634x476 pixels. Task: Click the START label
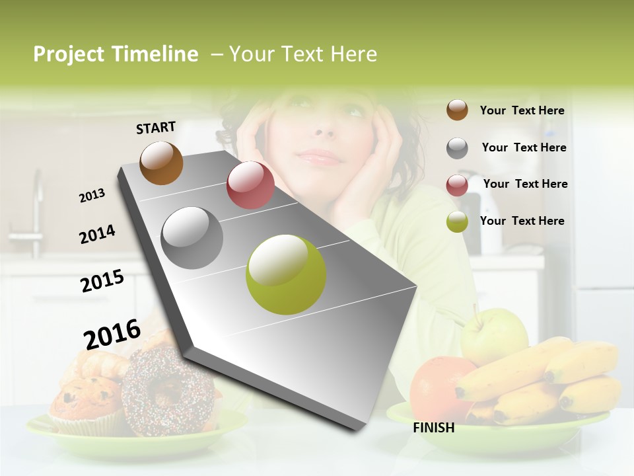coord(156,128)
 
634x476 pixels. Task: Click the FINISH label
coord(433,428)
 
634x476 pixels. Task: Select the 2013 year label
coord(92,195)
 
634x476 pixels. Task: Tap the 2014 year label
coord(97,235)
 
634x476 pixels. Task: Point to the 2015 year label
coord(102,281)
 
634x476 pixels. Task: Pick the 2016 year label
coord(112,334)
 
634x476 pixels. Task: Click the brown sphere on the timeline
coord(161,163)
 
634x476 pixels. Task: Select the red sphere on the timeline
coord(250,185)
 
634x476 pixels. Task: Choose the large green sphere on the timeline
coord(286,274)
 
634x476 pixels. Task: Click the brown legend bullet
coord(457,110)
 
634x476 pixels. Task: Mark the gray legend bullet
coord(457,148)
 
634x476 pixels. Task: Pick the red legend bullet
coord(457,185)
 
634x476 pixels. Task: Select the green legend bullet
coord(457,221)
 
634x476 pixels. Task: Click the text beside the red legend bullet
coord(525,184)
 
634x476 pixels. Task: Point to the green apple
coord(493,336)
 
